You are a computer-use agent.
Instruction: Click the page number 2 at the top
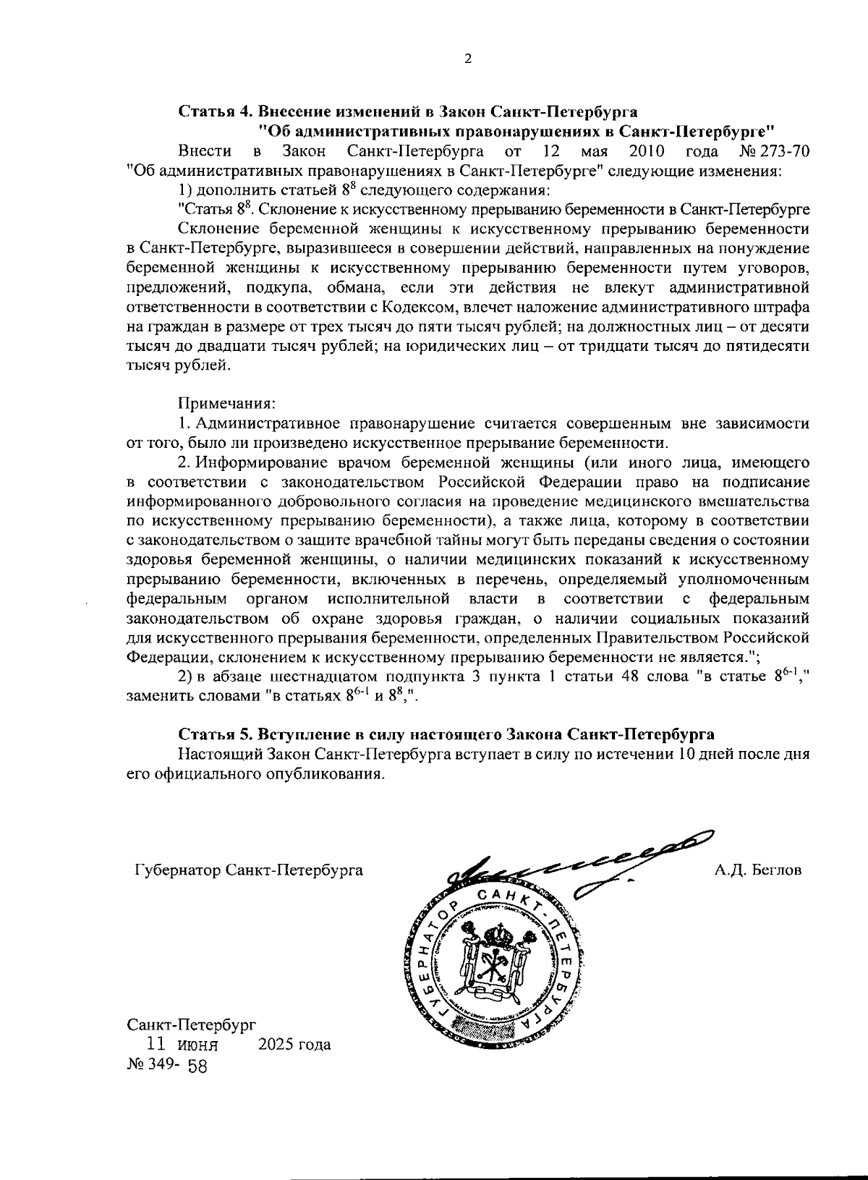[467, 60]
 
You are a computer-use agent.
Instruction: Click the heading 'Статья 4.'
[215, 112]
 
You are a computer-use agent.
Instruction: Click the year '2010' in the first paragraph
[647, 152]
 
